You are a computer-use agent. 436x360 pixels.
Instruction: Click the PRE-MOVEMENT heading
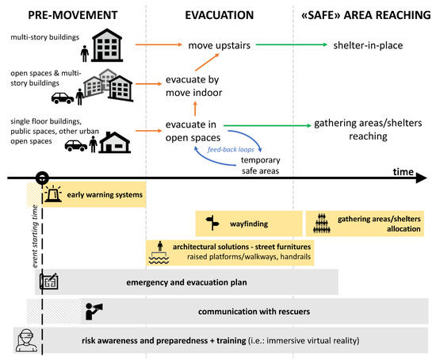click(x=63, y=14)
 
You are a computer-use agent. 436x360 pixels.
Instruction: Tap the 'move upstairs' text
click(x=220, y=46)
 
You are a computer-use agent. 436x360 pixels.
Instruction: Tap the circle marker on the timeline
click(x=42, y=178)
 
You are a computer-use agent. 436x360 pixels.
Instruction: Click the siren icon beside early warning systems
click(x=54, y=194)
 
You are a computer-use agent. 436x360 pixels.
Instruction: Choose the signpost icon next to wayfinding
click(x=211, y=223)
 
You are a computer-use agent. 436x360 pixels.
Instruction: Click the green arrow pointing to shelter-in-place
click(x=285, y=46)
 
